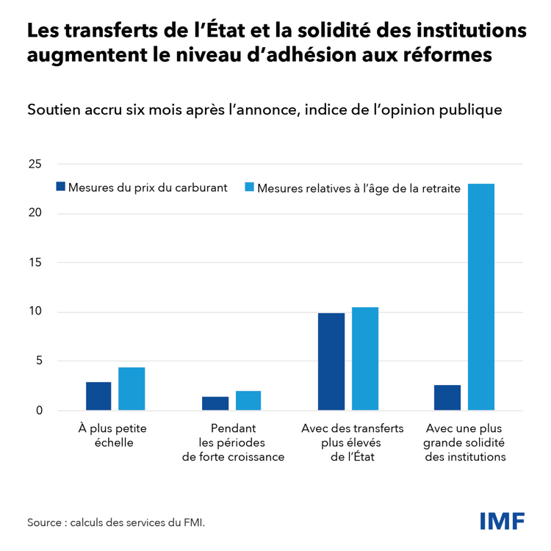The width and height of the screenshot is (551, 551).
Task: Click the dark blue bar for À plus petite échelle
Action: (x=98, y=396)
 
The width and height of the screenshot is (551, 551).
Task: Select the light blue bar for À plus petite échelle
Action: (x=132, y=389)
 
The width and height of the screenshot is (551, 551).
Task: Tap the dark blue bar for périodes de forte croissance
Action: (x=215, y=403)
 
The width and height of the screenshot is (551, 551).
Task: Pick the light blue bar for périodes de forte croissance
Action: (x=248, y=401)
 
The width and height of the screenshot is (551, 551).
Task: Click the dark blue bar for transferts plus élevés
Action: (x=331, y=361)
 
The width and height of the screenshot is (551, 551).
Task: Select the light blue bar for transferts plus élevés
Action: (x=364, y=359)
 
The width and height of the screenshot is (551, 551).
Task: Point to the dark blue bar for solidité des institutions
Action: (x=447, y=397)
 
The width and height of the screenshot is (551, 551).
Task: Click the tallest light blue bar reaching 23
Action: (x=481, y=297)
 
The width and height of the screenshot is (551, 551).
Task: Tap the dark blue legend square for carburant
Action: (x=61, y=187)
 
